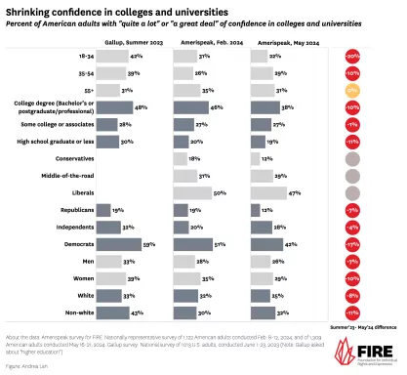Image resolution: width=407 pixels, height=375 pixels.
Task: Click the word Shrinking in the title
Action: pyautogui.click(x=29, y=9)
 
